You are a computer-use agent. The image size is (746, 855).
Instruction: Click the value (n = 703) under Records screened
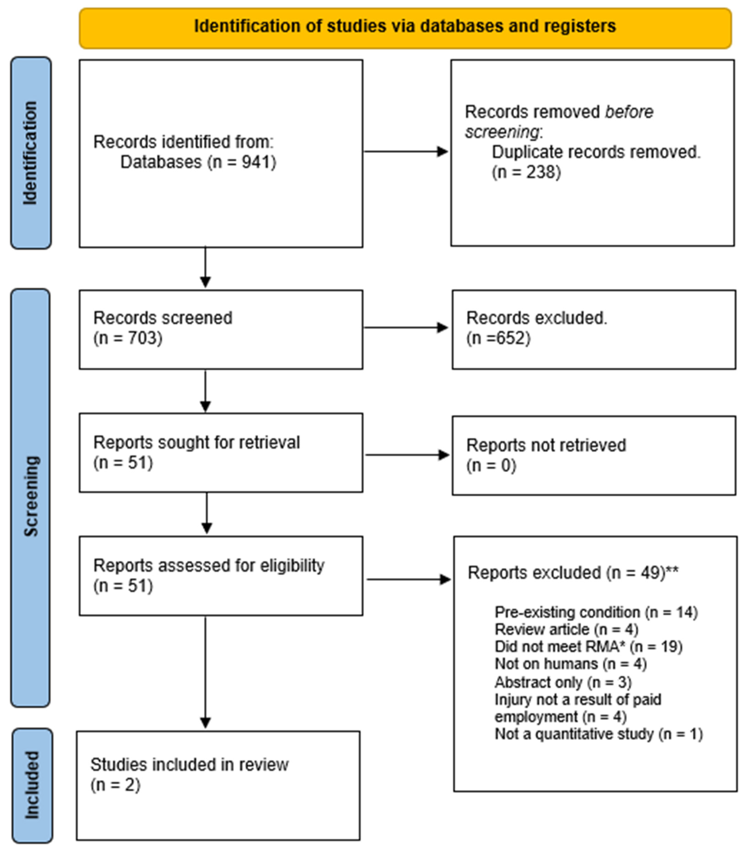pos(128,338)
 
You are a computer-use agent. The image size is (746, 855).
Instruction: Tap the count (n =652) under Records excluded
pos(498,338)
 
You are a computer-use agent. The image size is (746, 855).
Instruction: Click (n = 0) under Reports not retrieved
pos(491,465)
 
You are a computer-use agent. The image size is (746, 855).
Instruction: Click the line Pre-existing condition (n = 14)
pos(596,612)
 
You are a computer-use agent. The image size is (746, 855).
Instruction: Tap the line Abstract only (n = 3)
pos(563,682)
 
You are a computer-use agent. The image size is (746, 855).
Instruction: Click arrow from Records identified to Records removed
pos(406,152)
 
